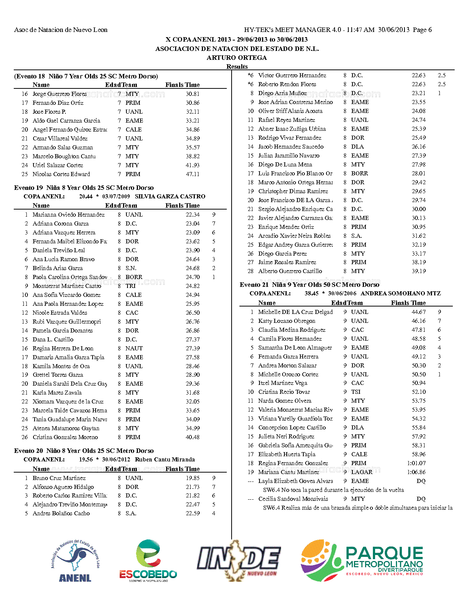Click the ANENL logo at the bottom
pyautogui.click(x=75, y=560)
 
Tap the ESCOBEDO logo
pyautogui.click(x=148, y=560)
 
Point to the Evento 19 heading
pyautogui.click(x=84, y=188)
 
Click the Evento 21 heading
pyautogui.click(x=309, y=285)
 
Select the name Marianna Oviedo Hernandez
pyautogui.click(x=68, y=215)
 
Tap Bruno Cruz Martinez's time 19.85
pyautogui.click(x=193, y=478)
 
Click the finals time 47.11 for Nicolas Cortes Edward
pyautogui.click(x=193, y=174)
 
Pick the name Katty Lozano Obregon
pyautogui.click(x=287, y=321)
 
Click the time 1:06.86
pyautogui.click(x=416, y=472)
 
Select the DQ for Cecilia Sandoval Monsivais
pyautogui.click(x=421, y=499)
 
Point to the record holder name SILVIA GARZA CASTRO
pyautogui.click(x=170, y=197)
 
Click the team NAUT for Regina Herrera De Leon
pyautogui.click(x=134, y=348)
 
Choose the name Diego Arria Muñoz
pyautogui.click(x=283, y=93)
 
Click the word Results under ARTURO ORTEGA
pyautogui.click(x=237, y=67)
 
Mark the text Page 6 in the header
pyautogui.click(x=422, y=30)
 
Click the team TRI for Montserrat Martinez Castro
pyautogui.click(x=130, y=286)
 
